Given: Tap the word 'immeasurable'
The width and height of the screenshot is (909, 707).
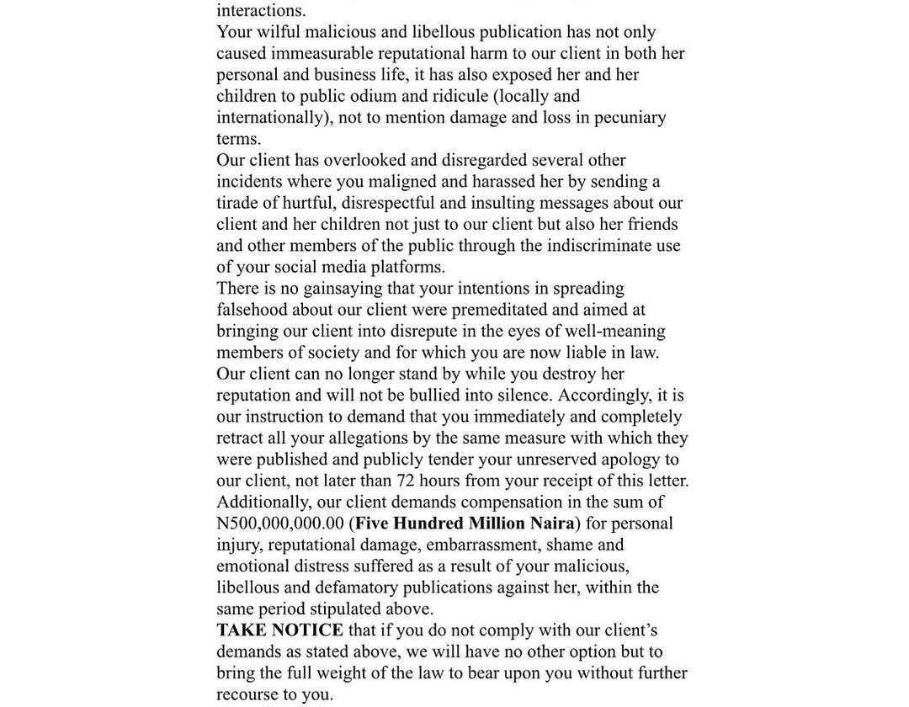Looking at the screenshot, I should pyautogui.click(x=324, y=54).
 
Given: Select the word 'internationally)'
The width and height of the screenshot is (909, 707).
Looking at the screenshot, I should pyautogui.click(x=274, y=118).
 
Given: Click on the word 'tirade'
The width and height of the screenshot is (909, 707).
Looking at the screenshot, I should pyautogui.click(x=240, y=203).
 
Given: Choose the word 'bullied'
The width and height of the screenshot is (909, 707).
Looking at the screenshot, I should pyautogui.click(x=439, y=396).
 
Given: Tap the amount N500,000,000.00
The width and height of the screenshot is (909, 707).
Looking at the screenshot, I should pyautogui.click(x=280, y=524).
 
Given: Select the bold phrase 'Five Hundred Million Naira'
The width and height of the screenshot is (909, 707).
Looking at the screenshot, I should pyautogui.click(x=465, y=524).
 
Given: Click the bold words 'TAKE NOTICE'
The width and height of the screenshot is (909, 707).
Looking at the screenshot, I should pyautogui.click(x=279, y=630).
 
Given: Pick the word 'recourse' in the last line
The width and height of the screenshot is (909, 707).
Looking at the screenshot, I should pyautogui.click(x=247, y=694).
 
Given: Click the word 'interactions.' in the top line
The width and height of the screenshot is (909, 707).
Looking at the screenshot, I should pyautogui.click(x=261, y=11).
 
